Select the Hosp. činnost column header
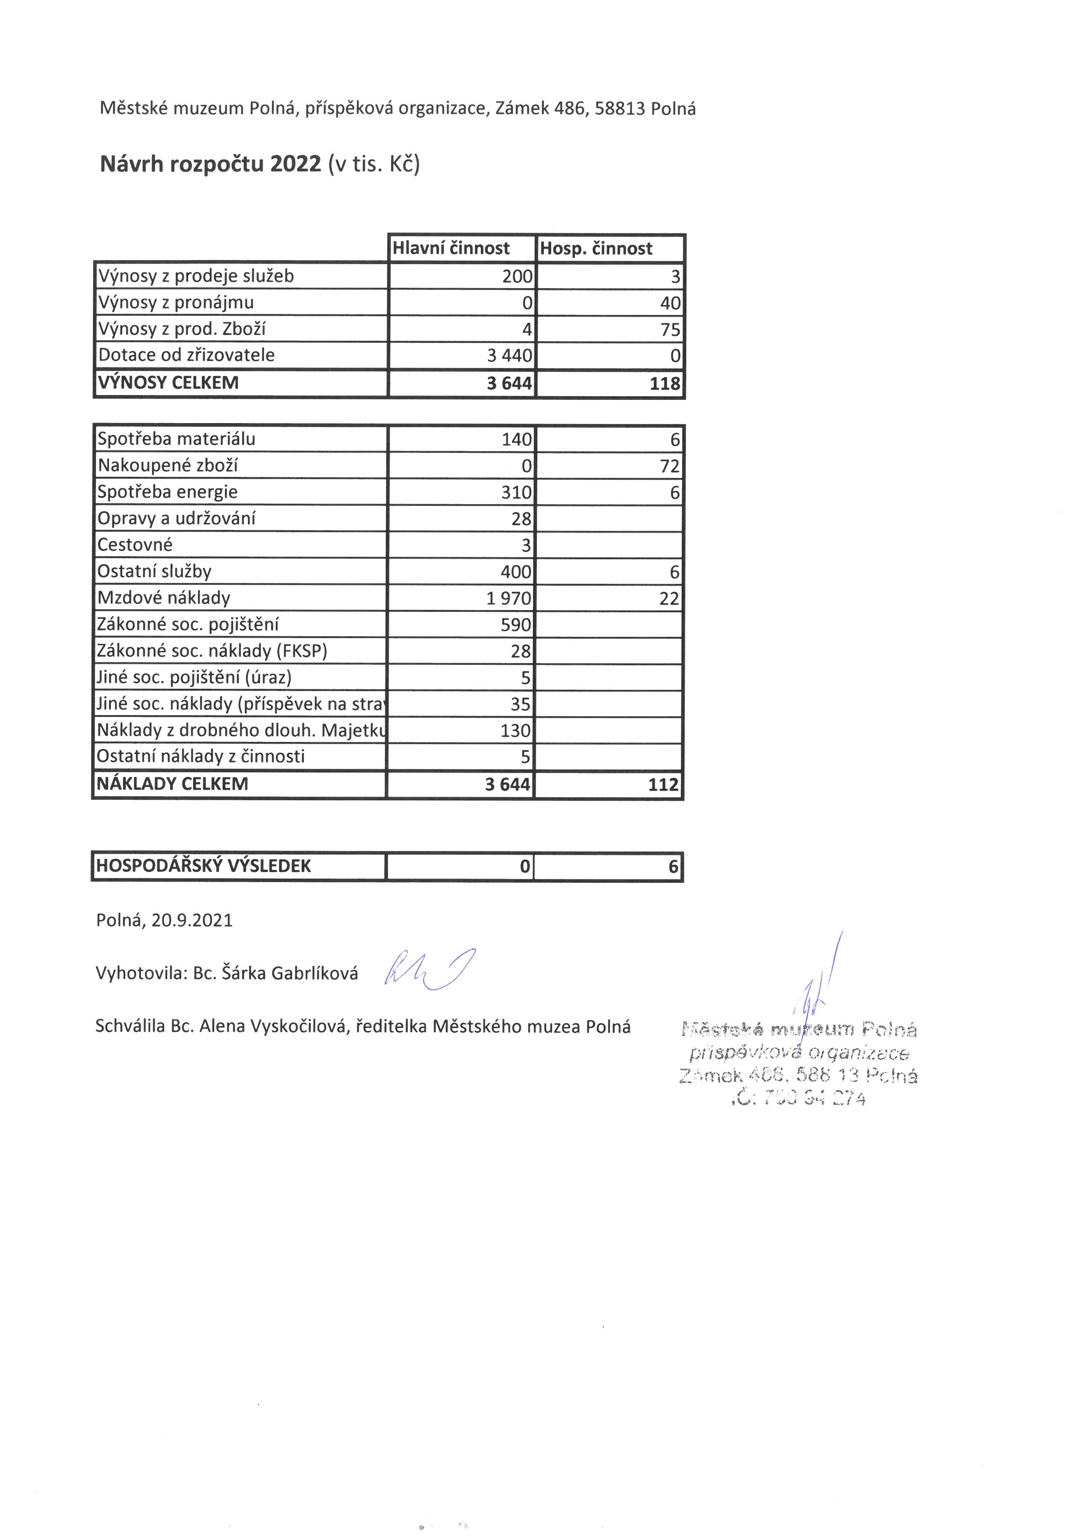(596, 248)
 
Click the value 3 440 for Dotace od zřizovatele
(510, 355)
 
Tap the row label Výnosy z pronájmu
(176, 302)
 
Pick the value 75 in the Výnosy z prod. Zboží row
(670, 329)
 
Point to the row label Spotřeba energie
(167, 492)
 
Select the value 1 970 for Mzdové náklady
(509, 598)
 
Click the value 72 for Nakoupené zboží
(670, 466)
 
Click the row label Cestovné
(134, 544)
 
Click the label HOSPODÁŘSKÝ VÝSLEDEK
(203, 866)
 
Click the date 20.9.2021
(192, 921)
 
